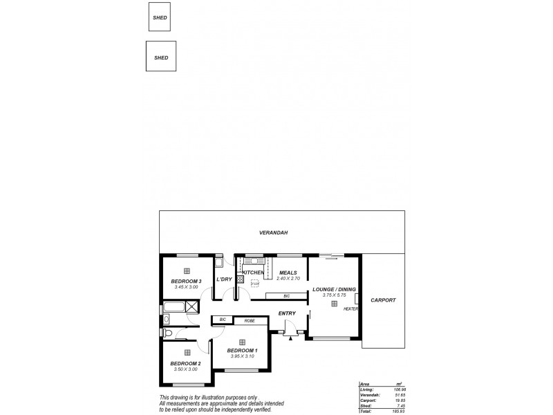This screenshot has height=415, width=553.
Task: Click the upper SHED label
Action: point(160,17)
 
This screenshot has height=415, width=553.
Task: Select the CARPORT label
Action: point(383,300)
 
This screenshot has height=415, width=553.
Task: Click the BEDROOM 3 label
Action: point(186,281)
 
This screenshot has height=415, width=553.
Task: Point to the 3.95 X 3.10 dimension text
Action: point(243,356)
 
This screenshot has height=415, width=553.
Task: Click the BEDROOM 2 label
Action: point(185,364)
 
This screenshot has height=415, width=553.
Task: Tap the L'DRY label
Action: point(223,279)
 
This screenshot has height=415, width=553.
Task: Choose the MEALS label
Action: point(288,273)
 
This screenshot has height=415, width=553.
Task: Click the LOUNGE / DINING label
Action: point(333,289)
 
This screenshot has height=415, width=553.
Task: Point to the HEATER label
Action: point(351,308)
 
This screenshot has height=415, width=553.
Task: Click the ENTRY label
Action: point(287,313)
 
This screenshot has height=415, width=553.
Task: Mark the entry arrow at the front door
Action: point(298,334)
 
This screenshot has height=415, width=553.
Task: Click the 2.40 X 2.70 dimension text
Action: point(288,278)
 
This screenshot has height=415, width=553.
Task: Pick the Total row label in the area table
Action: point(366,411)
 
